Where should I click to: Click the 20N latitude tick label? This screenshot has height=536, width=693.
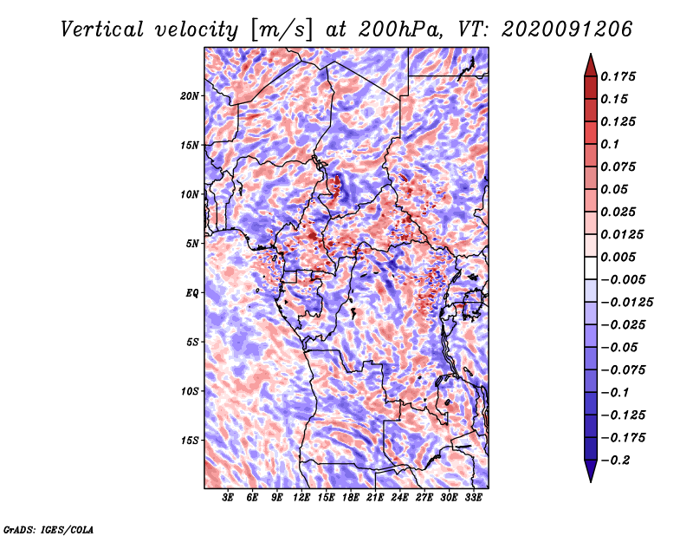pyautogui.click(x=190, y=95)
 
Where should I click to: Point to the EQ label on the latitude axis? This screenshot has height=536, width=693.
pyautogui.click(x=192, y=292)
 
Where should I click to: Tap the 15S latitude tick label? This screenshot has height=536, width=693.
pyautogui.click(x=190, y=440)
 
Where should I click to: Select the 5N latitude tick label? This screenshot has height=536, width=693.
pyautogui.click(x=192, y=243)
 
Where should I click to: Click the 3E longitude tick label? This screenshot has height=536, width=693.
pyautogui.click(x=229, y=498)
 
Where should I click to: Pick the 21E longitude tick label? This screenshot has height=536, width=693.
pyautogui.click(x=375, y=498)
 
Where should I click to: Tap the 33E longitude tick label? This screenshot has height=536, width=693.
pyautogui.click(x=473, y=498)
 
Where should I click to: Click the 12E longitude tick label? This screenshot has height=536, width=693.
pyautogui.click(x=301, y=498)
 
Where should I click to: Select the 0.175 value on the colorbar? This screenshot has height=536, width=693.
pyautogui.click(x=620, y=76)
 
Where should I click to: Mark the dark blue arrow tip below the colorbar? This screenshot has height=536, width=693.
pyautogui.click(x=590, y=475)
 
